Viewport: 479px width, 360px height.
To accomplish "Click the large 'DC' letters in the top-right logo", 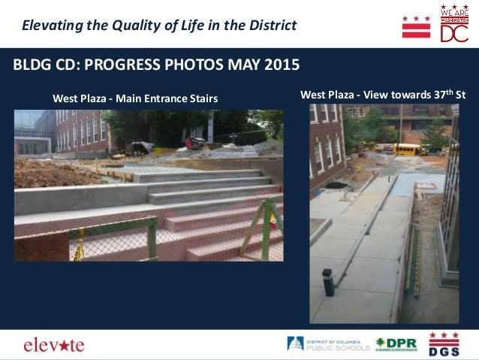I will pyautogui.click(x=454, y=33).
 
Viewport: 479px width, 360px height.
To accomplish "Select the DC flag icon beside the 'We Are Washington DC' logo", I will pyautogui.click(x=416, y=26).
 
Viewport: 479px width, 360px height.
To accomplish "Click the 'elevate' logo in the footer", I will pyautogui.click(x=54, y=345).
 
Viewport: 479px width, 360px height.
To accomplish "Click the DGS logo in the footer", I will pyautogui.click(x=444, y=344).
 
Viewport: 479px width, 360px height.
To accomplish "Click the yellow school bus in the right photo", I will pyautogui.click(x=410, y=150).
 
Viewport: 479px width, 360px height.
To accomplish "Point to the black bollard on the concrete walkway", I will pyautogui.click(x=327, y=282).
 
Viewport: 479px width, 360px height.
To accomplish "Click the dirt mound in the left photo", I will pyautogui.click(x=45, y=174).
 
